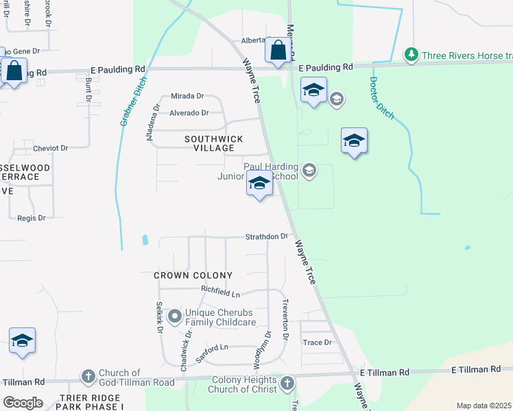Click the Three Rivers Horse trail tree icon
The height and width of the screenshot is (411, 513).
pyautogui.click(x=411, y=54)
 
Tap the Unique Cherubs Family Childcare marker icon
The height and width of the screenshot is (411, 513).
pyautogui.click(x=175, y=316)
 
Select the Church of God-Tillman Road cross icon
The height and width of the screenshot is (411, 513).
pyautogui.click(x=88, y=376)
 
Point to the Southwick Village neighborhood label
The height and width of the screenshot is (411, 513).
pyautogui.click(x=214, y=143)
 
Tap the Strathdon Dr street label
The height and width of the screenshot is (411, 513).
pyautogui.click(x=267, y=236)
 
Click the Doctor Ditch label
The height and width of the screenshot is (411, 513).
pyautogui.click(x=382, y=97)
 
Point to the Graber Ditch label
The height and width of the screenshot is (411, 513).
pyautogui.click(x=134, y=102)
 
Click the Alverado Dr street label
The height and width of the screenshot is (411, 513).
pyautogui.click(x=189, y=112)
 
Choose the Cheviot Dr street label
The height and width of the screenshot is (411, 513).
pyautogui.click(x=51, y=148)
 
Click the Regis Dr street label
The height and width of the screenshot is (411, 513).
pyautogui.click(x=32, y=218)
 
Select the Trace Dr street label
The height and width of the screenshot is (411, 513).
pyautogui.click(x=317, y=342)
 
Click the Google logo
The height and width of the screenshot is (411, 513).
pyautogui.click(x=23, y=402)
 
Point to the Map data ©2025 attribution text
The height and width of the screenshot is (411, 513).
pyautogui.click(x=483, y=406)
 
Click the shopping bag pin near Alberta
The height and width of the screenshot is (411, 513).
pyautogui.click(x=278, y=50)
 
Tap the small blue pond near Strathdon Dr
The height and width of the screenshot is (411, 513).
pyautogui.click(x=145, y=240)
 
